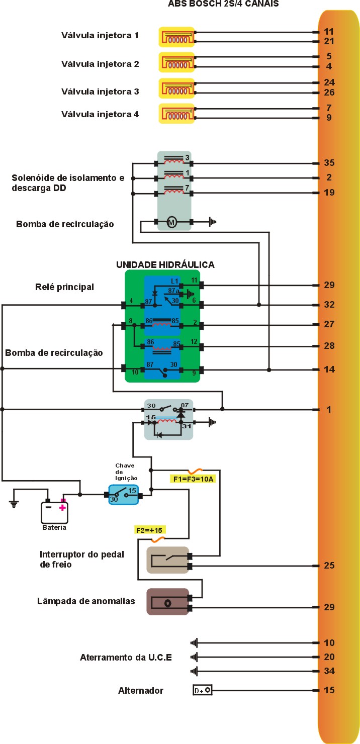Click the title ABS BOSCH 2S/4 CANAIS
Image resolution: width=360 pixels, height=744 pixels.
click(x=223, y=4)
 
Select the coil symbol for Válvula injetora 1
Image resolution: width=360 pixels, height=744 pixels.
click(x=176, y=37)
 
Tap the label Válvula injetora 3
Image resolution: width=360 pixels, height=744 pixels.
click(x=100, y=91)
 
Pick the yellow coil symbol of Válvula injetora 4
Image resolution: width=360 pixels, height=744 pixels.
click(x=176, y=114)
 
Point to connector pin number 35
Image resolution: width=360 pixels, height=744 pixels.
click(x=329, y=163)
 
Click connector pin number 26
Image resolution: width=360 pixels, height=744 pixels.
click(x=329, y=92)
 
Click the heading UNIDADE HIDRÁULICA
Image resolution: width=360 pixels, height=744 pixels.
click(x=165, y=264)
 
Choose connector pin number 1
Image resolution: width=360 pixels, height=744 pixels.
click(x=329, y=410)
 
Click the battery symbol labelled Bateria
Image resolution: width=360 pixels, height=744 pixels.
click(x=54, y=512)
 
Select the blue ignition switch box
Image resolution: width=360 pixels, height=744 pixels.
click(x=123, y=495)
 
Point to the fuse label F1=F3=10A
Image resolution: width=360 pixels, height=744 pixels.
click(x=193, y=479)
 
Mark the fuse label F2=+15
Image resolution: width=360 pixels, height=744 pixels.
click(x=151, y=530)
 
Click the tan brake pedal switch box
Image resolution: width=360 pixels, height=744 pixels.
click(x=167, y=560)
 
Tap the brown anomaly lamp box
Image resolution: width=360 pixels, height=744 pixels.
click(x=167, y=602)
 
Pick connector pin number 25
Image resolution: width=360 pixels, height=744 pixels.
click(x=329, y=566)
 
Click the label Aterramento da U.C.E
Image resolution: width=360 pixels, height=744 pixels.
click(x=126, y=658)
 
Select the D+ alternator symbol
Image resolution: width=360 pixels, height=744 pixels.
click(x=202, y=691)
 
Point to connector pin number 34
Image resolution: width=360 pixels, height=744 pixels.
click(x=329, y=671)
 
